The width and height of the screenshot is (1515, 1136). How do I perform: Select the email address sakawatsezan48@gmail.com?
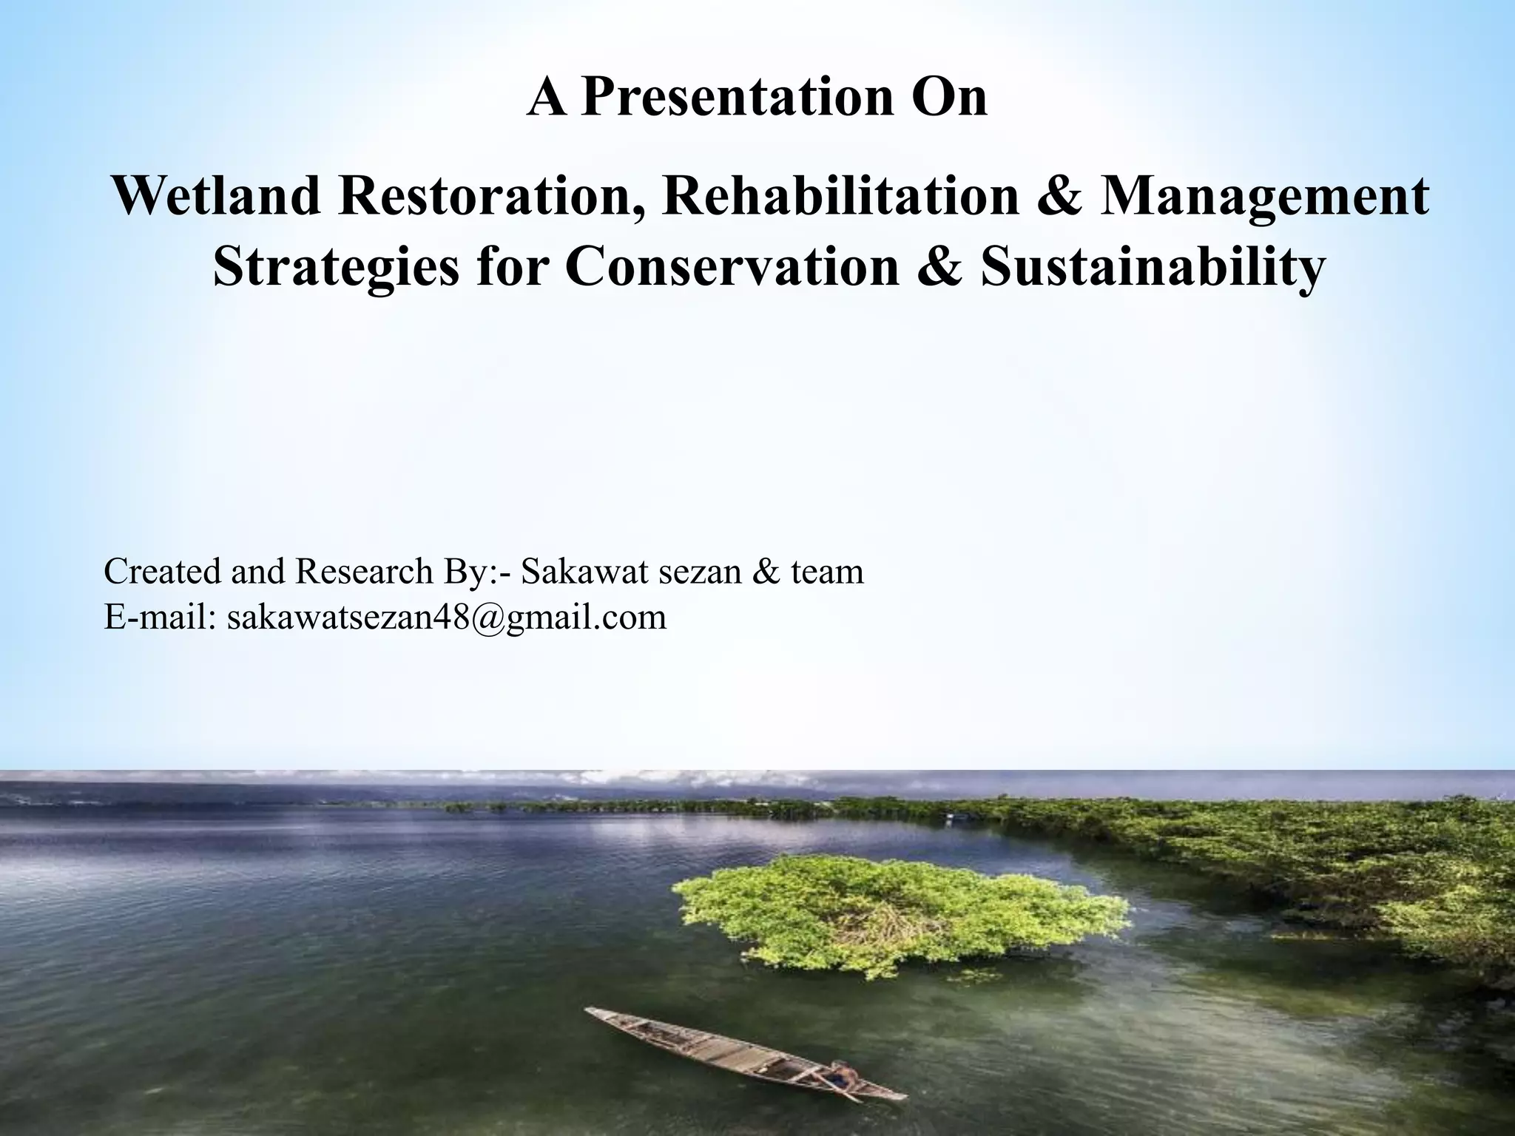[x=447, y=617]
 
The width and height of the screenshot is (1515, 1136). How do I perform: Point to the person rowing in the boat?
[x=840, y=1073]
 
